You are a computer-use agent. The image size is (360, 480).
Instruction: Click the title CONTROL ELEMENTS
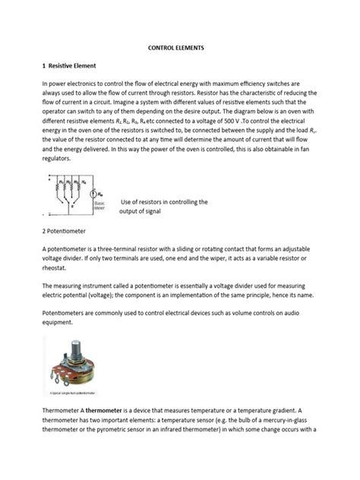coord(179,47)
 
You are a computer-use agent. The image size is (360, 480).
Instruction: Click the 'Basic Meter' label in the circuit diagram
coord(99,206)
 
